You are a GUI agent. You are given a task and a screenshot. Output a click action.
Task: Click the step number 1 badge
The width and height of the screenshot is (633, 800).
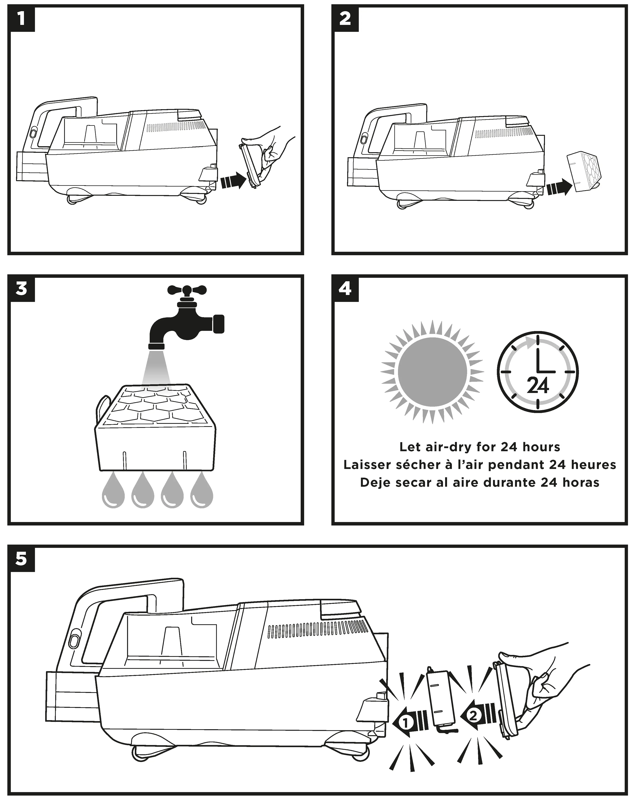pyautogui.click(x=21, y=19)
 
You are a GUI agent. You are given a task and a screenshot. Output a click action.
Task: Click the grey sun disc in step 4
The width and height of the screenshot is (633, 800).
pyautogui.click(x=432, y=372)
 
